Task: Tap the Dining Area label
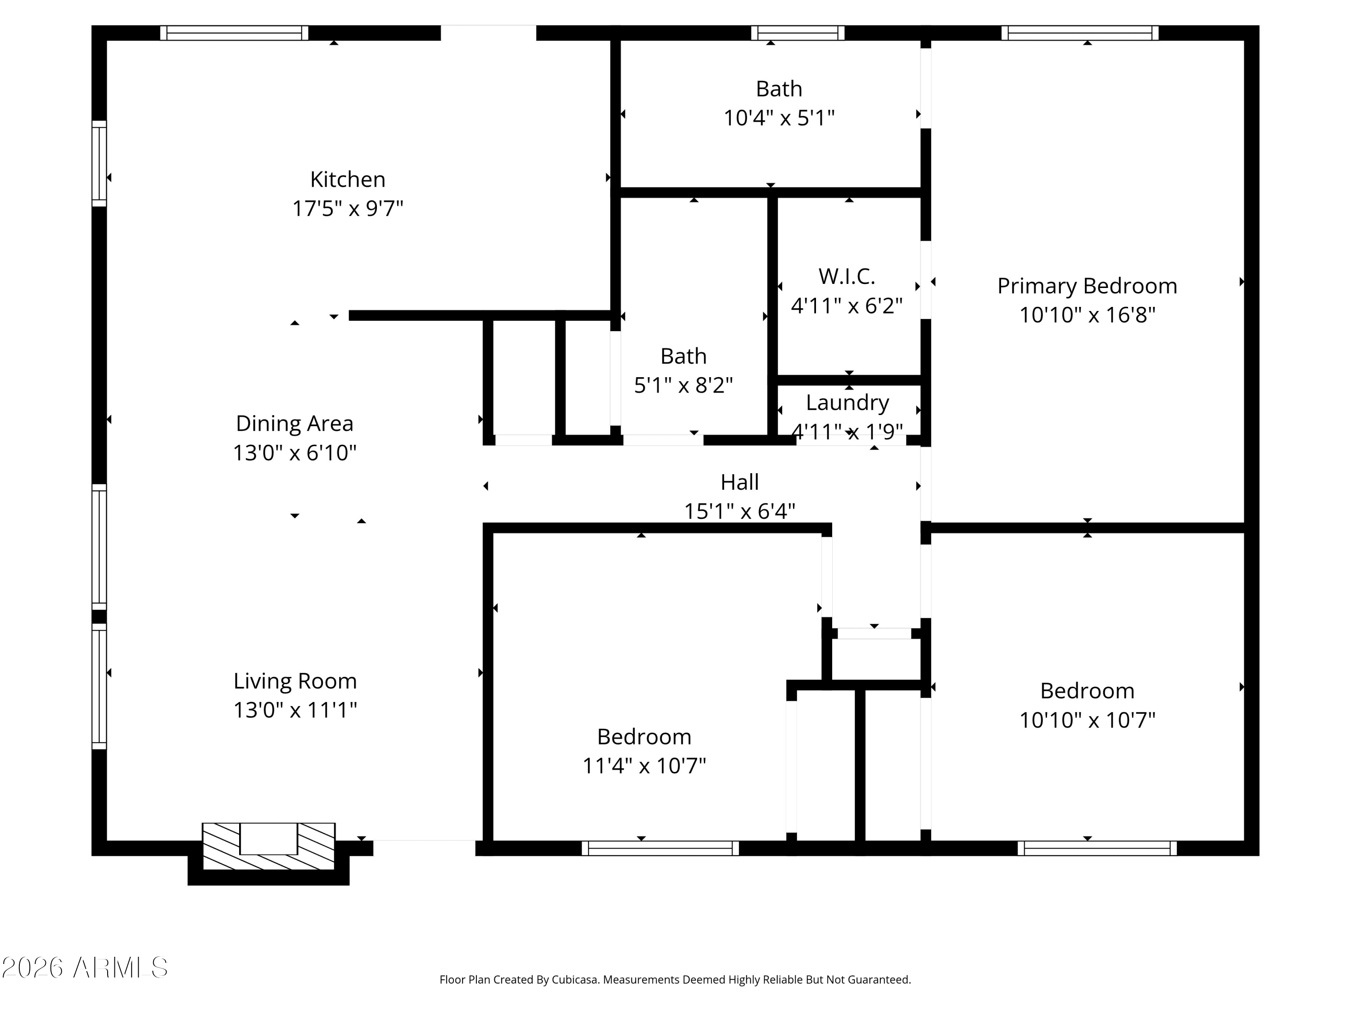295,424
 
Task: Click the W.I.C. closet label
847,277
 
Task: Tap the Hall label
739,482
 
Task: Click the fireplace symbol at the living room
269,846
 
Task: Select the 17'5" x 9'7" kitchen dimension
348,208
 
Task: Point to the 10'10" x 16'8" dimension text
1087,315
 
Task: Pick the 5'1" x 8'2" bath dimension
684,385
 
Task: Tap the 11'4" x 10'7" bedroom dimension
644,765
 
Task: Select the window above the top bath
798,33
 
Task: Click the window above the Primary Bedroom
1080,33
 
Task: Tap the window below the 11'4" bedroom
660,848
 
